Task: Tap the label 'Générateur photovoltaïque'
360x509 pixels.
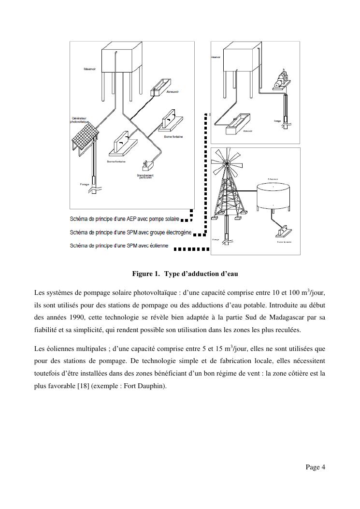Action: click(x=80, y=120)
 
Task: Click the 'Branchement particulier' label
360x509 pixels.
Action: click(x=145, y=176)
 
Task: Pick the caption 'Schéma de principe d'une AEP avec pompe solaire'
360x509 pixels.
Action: click(x=124, y=219)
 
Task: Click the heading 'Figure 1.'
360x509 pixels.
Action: click(x=146, y=274)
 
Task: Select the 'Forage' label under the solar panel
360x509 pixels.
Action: click(x=85, y=184)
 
